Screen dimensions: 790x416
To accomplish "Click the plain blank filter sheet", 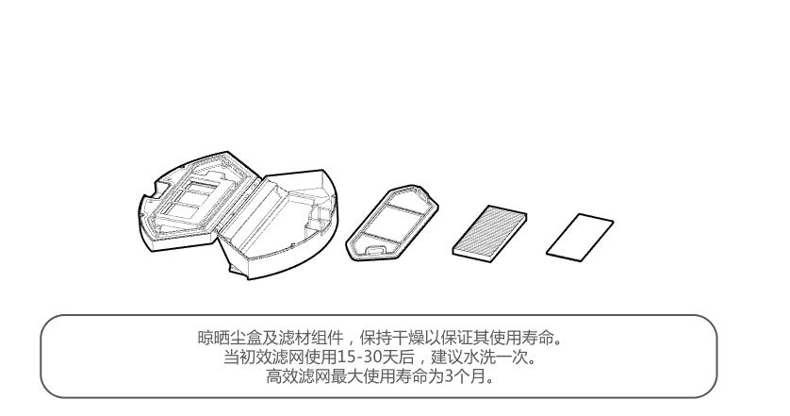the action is [x=580, y=233].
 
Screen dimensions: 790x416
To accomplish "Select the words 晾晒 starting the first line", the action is [x=211, y=339].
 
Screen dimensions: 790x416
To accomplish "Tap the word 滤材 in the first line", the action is [x=287, y=339].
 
